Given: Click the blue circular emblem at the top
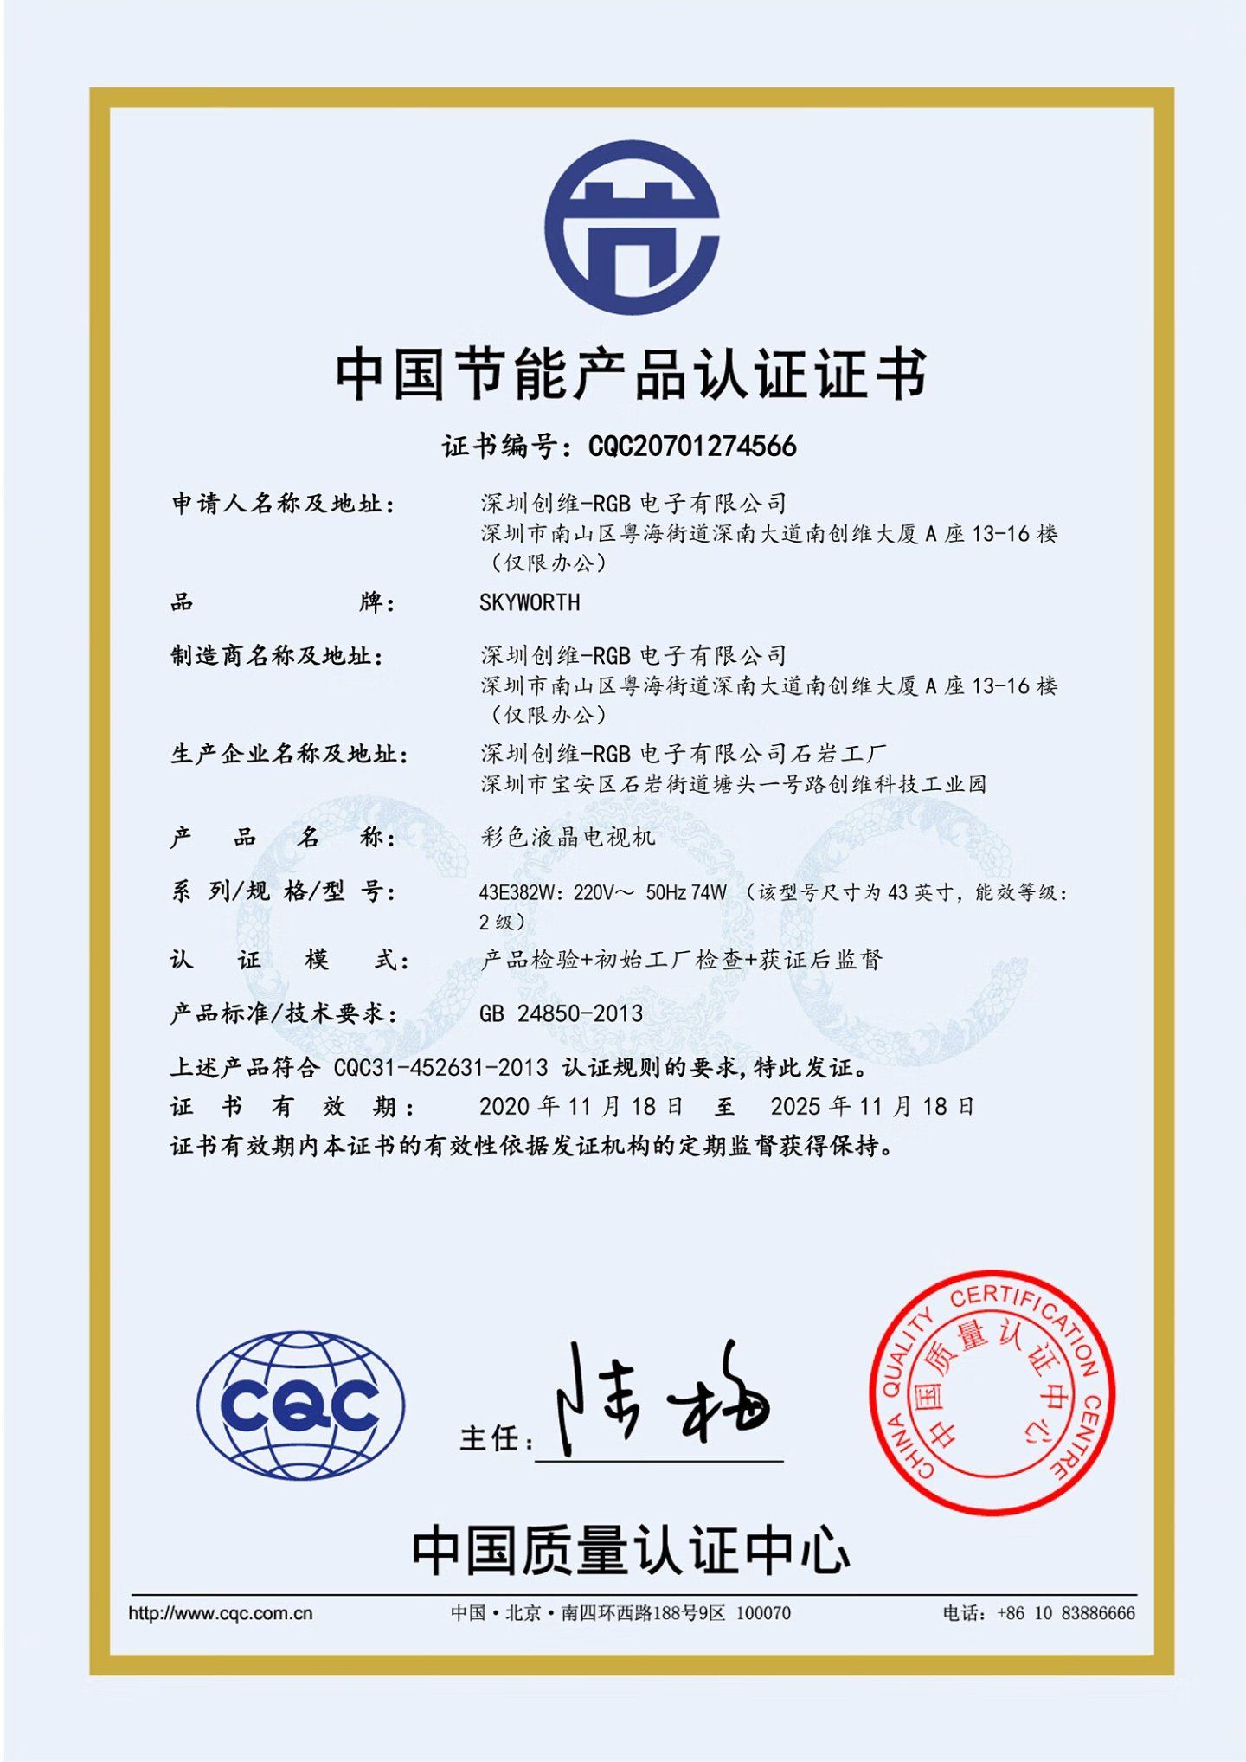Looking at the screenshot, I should [x=632, y=228].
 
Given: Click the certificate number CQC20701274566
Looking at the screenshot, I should [x=691, y=447].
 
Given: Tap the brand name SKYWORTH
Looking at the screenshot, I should [x=530, y=602].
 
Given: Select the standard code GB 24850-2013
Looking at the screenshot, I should [x=561, y=1013].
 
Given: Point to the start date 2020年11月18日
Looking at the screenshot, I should [x=581, y=1107].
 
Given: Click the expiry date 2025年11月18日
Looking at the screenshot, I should [x=872, y=1107].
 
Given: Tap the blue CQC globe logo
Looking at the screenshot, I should [x=300, y=1405].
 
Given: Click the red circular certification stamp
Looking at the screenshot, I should [x=992, y=1392].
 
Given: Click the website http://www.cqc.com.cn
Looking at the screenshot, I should [x=220, y=1613].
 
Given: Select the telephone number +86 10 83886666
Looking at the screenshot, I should [x=1065, y=1613].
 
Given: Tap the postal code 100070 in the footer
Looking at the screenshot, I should [x=763, y=1613].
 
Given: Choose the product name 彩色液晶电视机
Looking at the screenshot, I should [x=568, y=837].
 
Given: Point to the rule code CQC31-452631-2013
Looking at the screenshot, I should [x=440, y=1068].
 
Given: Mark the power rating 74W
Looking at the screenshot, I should [x=709, y=892].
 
